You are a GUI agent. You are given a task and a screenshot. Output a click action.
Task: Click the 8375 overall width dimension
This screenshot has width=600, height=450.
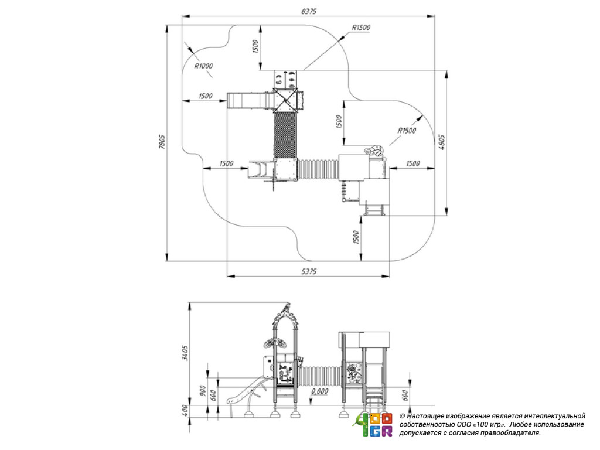(309, 12)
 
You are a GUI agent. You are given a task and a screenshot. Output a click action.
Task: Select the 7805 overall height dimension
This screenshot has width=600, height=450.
(162, 142)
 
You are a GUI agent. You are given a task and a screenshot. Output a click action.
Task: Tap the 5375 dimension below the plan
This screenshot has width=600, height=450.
(309, 271)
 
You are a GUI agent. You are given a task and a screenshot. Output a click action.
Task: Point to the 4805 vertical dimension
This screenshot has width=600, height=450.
(442, 142)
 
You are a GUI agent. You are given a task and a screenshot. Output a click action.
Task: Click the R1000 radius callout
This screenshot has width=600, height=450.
(203, 66)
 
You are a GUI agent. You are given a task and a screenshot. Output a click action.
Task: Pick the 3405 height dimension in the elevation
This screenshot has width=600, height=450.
(185, 353)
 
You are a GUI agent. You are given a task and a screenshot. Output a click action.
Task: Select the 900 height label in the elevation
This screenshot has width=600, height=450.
(203, 391)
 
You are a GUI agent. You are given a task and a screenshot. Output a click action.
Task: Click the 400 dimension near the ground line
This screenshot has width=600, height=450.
(185, 411)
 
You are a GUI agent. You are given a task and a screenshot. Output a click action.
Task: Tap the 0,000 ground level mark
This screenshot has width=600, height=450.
(319, 391)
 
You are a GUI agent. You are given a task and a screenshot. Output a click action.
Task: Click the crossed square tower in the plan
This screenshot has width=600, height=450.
(285, 100)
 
